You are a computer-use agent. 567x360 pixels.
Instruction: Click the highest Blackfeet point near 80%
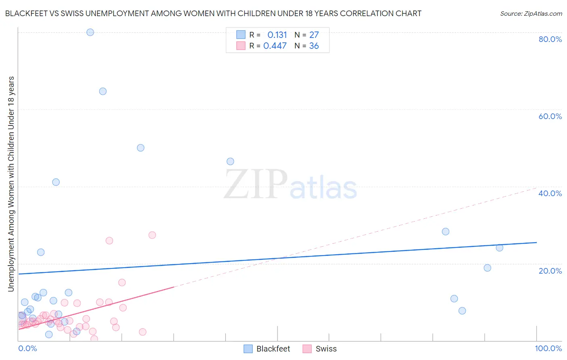click(90, 32)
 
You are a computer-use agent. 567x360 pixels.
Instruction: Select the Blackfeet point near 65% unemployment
click(103, 91)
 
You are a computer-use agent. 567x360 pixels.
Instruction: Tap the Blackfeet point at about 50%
click(140, 148)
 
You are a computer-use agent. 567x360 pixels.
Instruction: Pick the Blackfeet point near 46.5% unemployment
click(230, 161)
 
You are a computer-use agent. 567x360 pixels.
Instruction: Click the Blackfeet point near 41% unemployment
click(56, 182)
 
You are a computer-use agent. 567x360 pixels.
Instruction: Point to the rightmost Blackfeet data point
click(499, 248)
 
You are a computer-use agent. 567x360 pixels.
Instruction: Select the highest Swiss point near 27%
click(152, 235)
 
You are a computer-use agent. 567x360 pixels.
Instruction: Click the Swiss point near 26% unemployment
click(109, 241)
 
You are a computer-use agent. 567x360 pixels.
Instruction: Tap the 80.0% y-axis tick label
click(550, 39)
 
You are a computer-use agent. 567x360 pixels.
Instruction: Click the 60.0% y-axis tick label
click(550, 116)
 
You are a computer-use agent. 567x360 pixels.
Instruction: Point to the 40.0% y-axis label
click(550, 193)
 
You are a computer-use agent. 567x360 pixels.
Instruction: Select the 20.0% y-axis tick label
click(550, 271)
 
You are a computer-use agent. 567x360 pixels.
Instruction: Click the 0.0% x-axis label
click(28, 348)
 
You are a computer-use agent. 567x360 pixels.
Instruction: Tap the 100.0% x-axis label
click(548, 348)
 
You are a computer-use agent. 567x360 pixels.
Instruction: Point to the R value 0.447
click(275, 46)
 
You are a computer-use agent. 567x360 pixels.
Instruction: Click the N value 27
click(314, 35)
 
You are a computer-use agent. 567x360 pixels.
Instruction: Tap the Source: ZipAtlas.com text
click(531, 14)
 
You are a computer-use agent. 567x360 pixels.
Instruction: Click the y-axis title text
click(11, 184)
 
